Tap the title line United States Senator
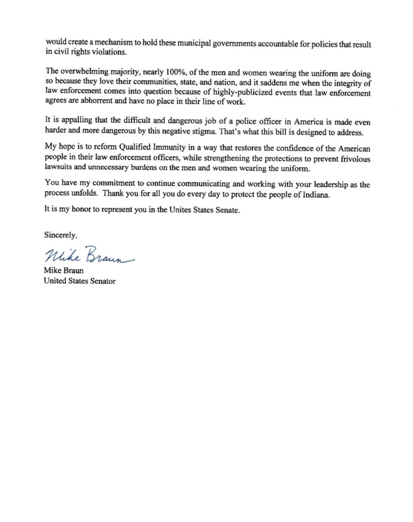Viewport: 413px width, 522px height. coord(80,281)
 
